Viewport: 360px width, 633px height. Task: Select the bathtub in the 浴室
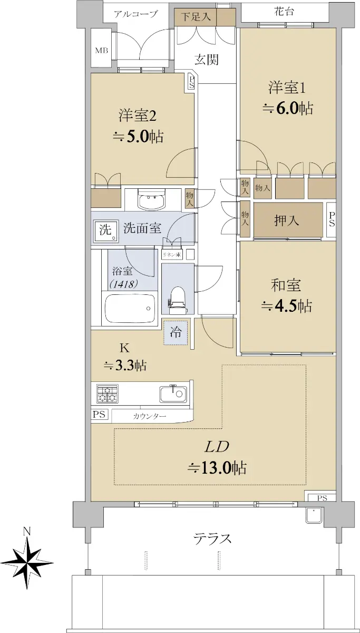130,308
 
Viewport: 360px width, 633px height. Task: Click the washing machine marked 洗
106,231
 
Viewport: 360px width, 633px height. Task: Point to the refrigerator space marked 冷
176,333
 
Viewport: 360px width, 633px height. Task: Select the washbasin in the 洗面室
151,200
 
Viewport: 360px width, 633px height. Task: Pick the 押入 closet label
286,220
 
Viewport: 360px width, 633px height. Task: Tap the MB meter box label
102,51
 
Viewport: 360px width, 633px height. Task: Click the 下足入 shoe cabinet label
196,17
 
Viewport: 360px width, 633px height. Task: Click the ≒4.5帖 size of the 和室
287,306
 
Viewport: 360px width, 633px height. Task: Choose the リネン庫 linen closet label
171,254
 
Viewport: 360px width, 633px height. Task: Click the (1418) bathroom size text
124,284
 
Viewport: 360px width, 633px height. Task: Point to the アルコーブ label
135,14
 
